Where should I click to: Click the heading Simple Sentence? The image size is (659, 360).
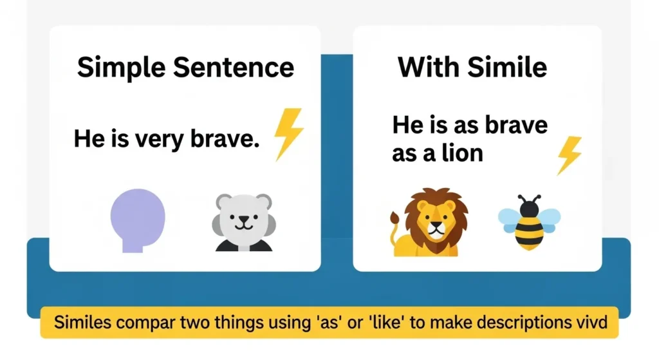[185, 67]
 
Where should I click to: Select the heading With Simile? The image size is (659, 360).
[472, 67]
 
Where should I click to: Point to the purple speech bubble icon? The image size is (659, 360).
[138, 218]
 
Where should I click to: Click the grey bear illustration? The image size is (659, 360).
[243, 221]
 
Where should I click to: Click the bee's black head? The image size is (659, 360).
[529, 208]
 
